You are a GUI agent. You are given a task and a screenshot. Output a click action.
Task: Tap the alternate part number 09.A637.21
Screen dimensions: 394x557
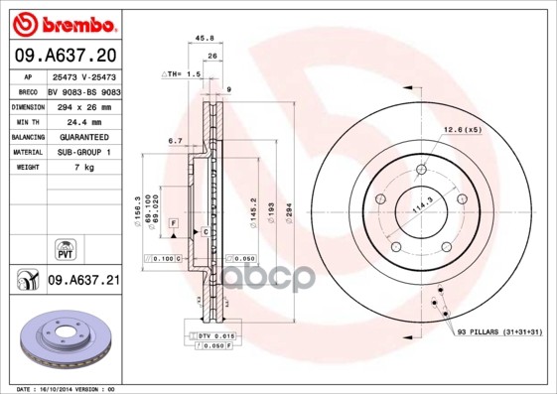83,281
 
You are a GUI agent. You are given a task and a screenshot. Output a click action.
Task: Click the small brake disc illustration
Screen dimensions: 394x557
64,340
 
